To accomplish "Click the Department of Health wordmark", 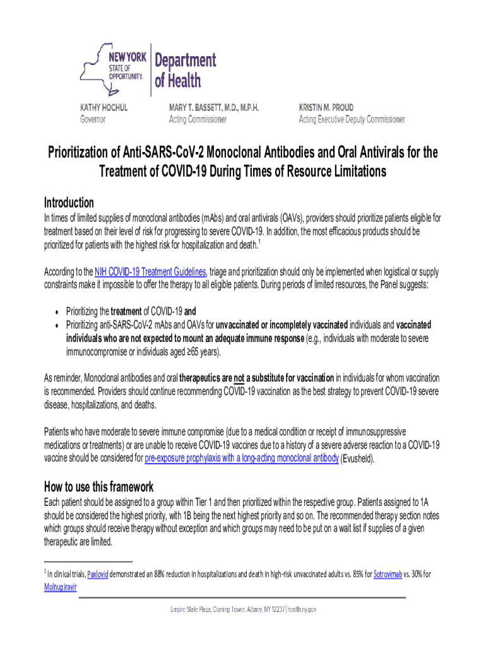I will pyautogui.click(x=186, y=71).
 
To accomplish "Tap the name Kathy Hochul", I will pyautogui.click(x=104, y=107).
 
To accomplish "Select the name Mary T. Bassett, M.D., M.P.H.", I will pyautogui.click(x=213, y=107).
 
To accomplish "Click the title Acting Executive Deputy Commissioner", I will pyautogui.click(x=352, y=119).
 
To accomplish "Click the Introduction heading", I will pyautogui.click(x=69, y=203).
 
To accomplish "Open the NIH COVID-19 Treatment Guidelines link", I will pyautogui.click(x=150, y=272).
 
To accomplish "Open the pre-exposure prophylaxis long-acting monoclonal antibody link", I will pyautogui.click(x=242, y=459).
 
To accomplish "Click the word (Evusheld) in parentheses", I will pyautogui.click(x=358, y=459).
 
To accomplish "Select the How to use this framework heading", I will pyautogui.click(x=98, y=487).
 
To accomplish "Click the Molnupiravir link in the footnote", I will pyautogui.click(x=61, y=586).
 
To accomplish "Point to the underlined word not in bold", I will pyautogui.click(x=239, y=378).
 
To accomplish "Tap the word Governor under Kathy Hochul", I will pyautogui.click(x=93, y=119).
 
